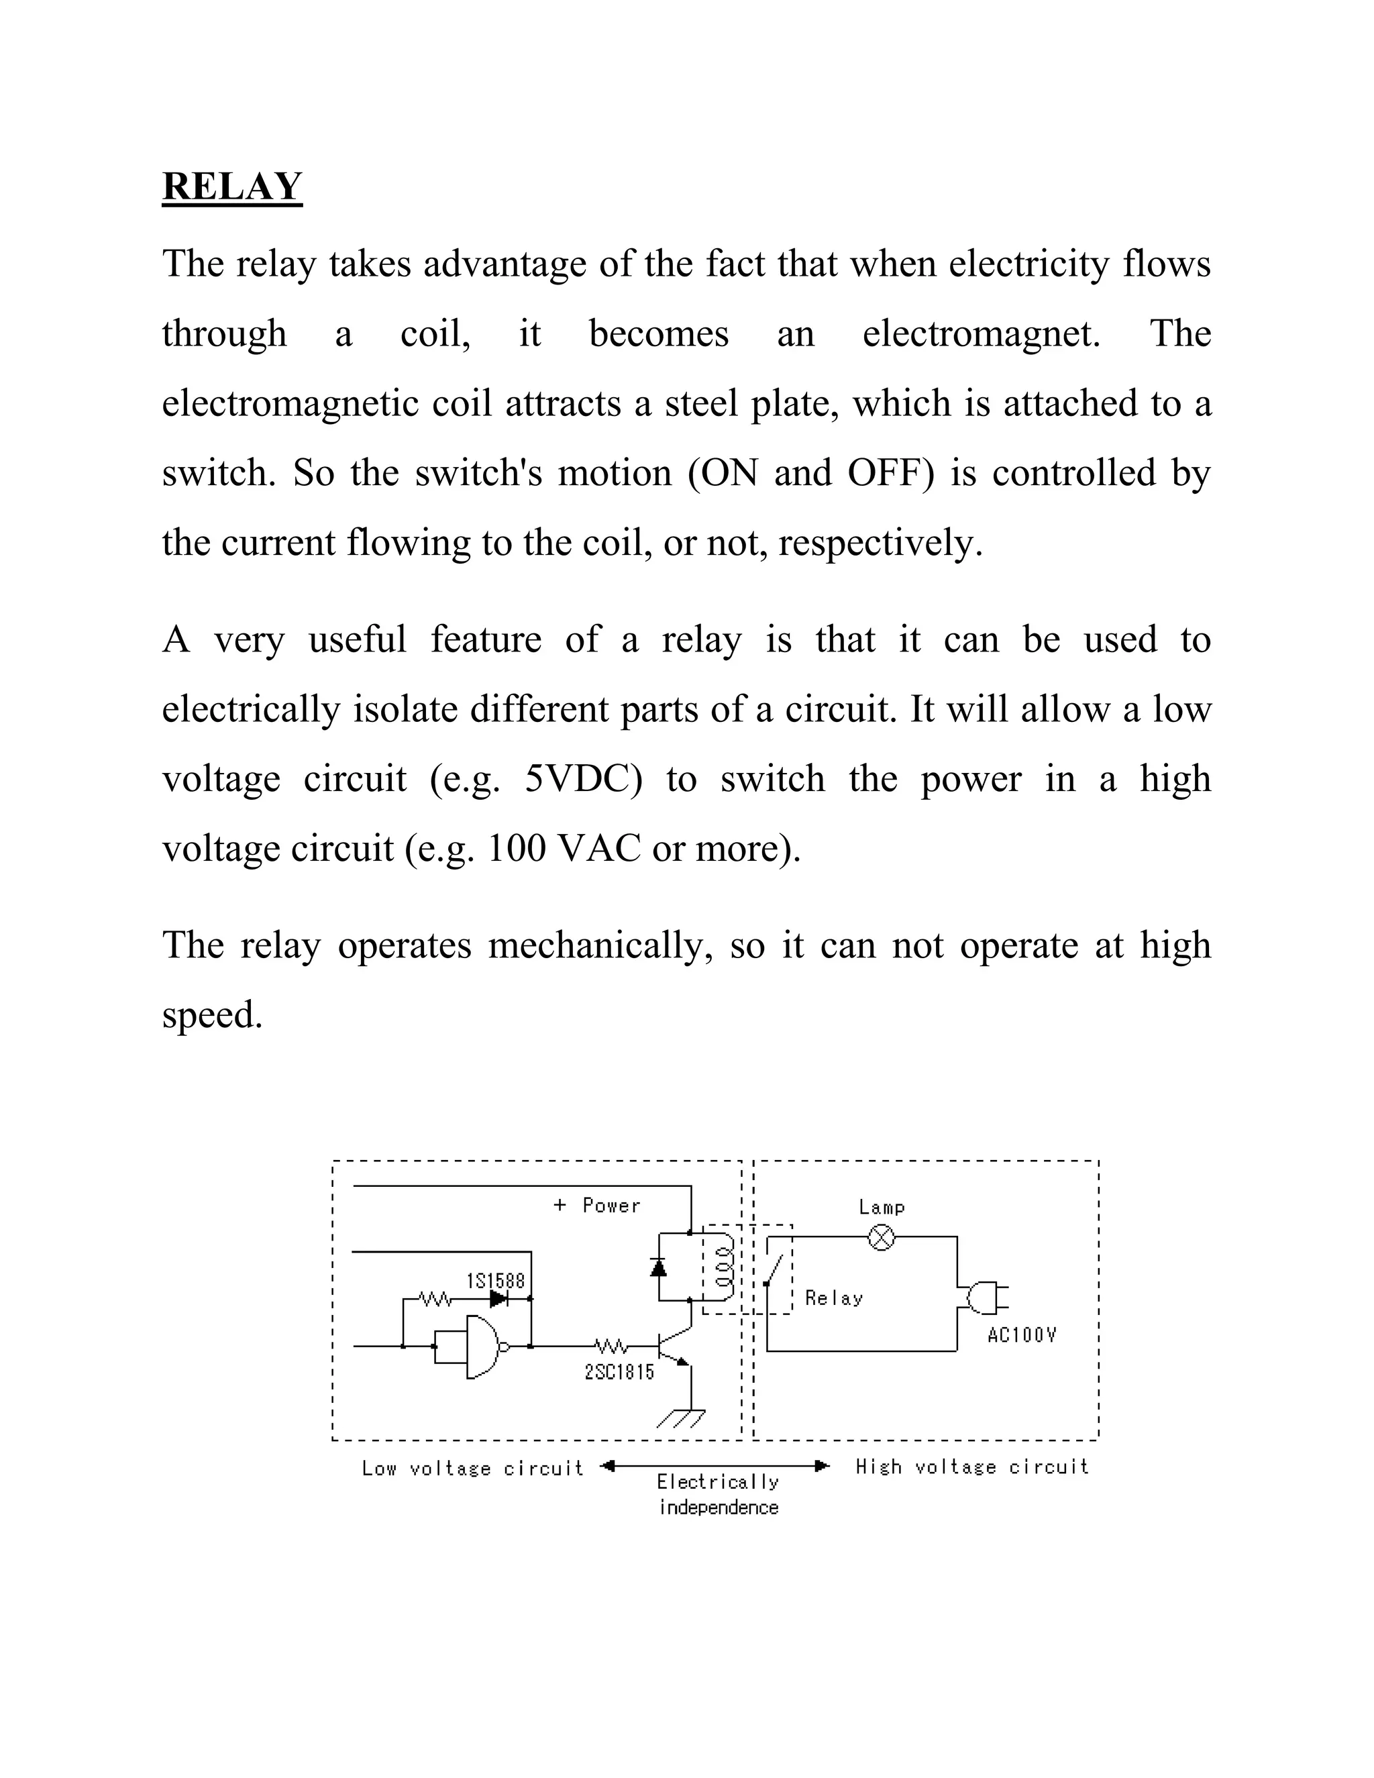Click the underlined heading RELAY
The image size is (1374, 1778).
point(232,187)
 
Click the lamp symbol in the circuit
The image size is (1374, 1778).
point(882,1239)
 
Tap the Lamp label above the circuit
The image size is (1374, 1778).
point(882,1207)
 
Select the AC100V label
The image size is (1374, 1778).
point(1022,1335)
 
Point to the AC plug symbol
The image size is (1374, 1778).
point(986,1298)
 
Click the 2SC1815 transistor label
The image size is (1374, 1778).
point(619,1373)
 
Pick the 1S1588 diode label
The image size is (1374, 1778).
point(496,1281)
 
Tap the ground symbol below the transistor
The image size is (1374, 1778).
point(682,1419)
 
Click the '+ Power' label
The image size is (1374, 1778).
point(596,1206)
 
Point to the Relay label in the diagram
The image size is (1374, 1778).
point(833,1298)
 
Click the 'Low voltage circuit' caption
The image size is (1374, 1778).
point(472,1469)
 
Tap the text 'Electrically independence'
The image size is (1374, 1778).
point(718,1495)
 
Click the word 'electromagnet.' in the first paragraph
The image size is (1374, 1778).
point(981,333)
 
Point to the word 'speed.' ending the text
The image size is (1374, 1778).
point(213,1015)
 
